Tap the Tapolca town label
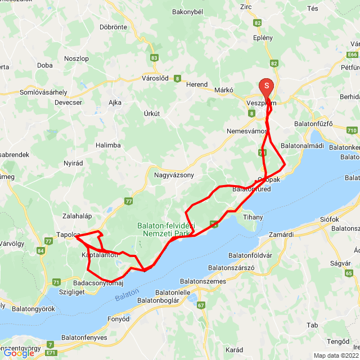pyautogui.click(x=68, y=235)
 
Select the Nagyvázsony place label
pyautogui.click(x=174, y=175)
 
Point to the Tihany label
pyautogui.click(x=253, y=217)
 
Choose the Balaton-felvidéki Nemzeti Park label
pyautogui.click(x=166, y=229)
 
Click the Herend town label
pyautogui.click(x=197, y=84)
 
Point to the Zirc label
pyautogui.click(x=246, y=7)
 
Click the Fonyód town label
pyautogui.click(x=118, y=319)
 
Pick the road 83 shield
pyautogui.click(x=155, y=57)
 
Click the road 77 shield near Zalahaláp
pyautogui.click(x=129, y=201)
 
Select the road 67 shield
pyautogui.click(x=201, y=305)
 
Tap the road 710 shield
pyautogui.click(x=352, y=130)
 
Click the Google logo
pyautogui.click(x=18, y=353)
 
